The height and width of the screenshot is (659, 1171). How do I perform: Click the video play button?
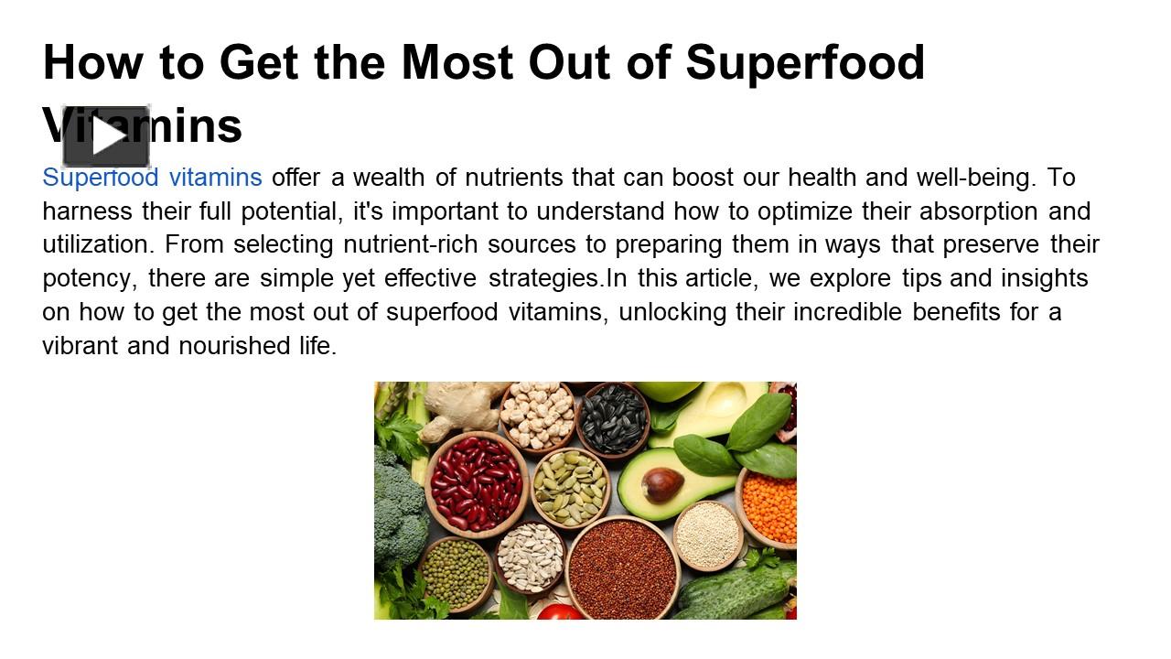click(106, 137)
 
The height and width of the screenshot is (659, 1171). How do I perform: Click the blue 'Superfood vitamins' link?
click(152, 177)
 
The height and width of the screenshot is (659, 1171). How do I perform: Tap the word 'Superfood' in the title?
click(805, 62)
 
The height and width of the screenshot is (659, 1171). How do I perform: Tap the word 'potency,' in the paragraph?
click(90, 278)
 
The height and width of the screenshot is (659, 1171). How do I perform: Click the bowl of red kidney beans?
click(476, 482)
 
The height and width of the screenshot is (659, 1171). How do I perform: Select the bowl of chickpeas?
click(538, 414)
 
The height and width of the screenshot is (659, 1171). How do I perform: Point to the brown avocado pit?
click(662, 484)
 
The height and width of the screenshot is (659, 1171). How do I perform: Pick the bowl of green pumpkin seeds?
click(570, 486)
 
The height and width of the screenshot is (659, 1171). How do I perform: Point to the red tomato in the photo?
click(559, 612)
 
